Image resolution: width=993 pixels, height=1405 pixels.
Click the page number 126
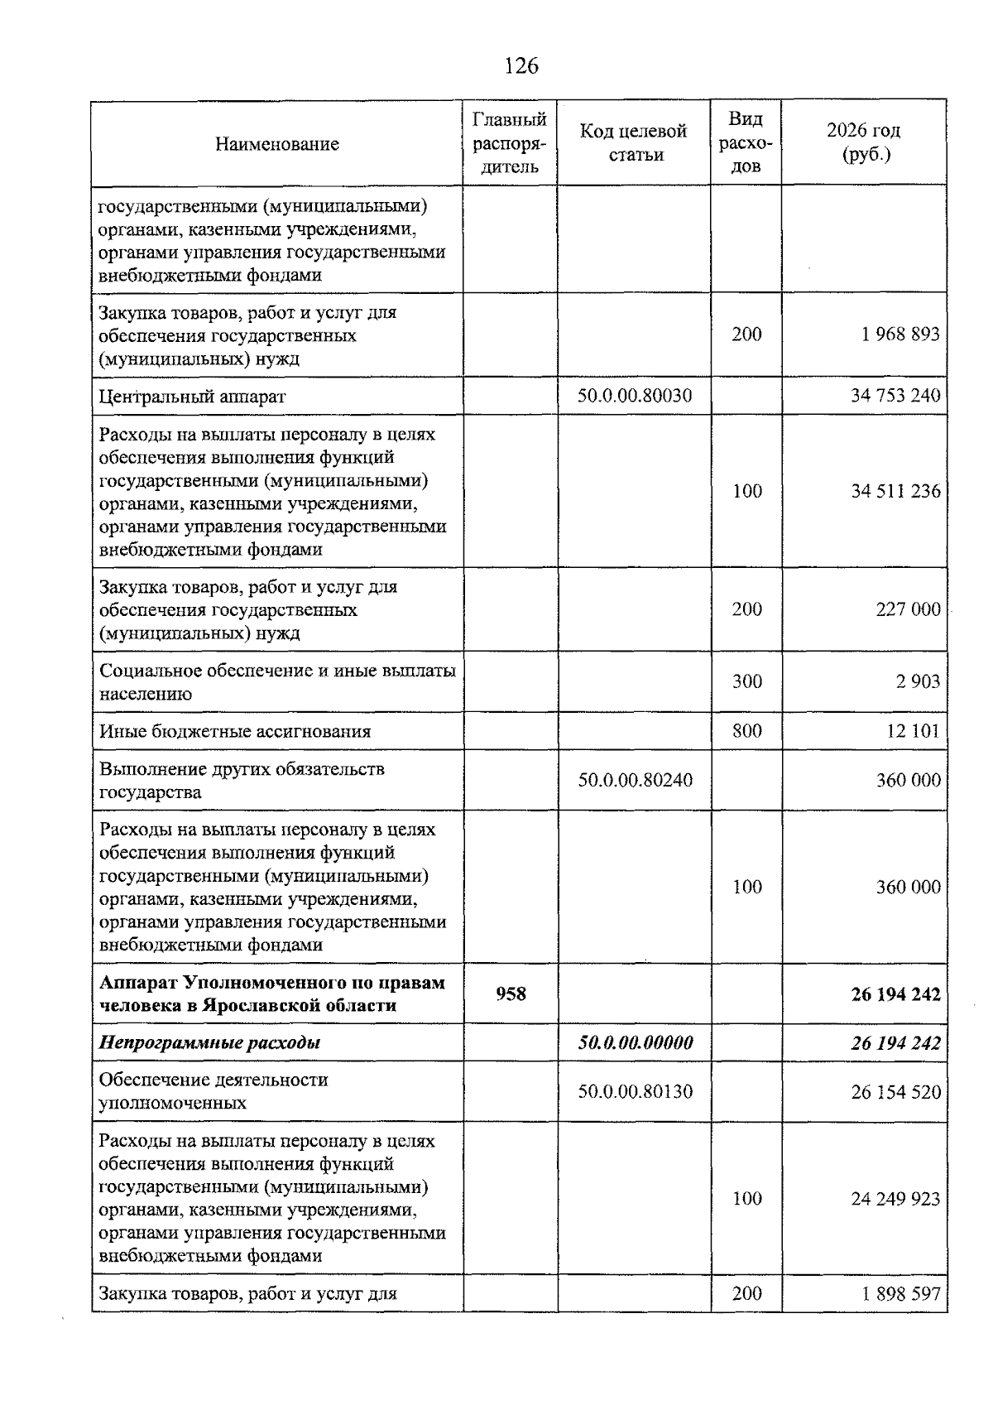(520, 66)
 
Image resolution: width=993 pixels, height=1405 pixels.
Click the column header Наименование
(277, 144)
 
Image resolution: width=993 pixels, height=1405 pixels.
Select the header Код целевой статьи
(634, 142)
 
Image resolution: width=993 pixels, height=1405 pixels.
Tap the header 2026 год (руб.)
(864, 142)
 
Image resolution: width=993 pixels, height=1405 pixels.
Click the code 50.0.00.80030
(635, 396)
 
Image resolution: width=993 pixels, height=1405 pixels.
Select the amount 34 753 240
(895, 396)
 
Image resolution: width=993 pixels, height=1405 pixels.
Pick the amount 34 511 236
(895, 491)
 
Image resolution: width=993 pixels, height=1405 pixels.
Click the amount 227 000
(908, 609)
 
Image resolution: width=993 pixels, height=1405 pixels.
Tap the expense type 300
(746, 681)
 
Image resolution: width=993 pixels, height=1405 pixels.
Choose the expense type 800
(746, 731)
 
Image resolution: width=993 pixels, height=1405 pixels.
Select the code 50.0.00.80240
(635, 780)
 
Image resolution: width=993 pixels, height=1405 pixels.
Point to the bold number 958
(511, 994)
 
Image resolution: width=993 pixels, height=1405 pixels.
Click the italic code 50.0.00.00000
(635, 1042)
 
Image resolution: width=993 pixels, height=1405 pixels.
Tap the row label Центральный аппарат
(192, 397)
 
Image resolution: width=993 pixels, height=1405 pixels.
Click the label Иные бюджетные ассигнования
(235, 731)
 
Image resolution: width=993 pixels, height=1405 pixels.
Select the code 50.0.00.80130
(635, 1091)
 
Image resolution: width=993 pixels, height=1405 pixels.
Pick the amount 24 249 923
(895, 1199)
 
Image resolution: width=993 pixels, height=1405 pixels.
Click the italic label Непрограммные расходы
(209, 1042)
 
